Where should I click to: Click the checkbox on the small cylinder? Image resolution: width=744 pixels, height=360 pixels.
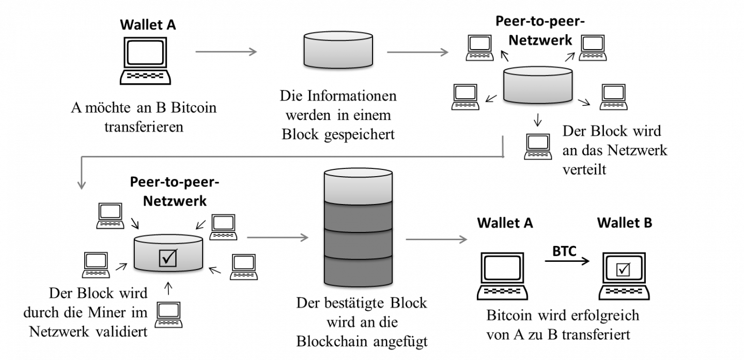pyautogui.click(x=168, y=258)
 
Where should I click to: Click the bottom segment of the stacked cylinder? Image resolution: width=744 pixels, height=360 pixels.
pyautogui.click(x=358, y=272)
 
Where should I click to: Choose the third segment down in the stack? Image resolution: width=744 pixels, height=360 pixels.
pyautogui.click(x=358, y=245)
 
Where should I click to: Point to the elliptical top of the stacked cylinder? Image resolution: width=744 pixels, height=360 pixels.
pyautogui.click(x=358, y=173)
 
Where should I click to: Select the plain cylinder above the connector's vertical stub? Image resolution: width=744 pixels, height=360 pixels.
pyautogui.click(x=538, y=86)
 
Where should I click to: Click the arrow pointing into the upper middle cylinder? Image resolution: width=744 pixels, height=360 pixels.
pyautogui.click(x=226, y=52)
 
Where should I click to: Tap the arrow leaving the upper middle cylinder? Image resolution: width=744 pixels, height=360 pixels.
pyautogui.click(x=417, y=52)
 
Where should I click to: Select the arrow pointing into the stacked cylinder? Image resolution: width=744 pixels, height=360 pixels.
pyautogui.click(x=277, y=238)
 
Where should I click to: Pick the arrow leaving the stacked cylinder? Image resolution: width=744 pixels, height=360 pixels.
pyautogui.click(x=437, y=239)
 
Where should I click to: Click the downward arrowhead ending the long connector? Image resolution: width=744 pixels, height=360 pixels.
pyautogui.click(x=81, y=185)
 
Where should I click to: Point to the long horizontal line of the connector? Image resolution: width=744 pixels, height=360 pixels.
pyautogui.click(x=292, y=156)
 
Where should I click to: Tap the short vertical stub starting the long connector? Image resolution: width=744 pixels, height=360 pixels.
pyautogui.click(x=503, y=145)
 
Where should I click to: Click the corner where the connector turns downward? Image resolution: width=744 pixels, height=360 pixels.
pyautogui.click(x=82, y=156)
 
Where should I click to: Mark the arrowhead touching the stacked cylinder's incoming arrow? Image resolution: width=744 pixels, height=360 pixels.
pyautogui.click(x=305, y=238)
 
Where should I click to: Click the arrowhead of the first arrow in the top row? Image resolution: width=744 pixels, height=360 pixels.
pyautogui.click(x=254, y=52)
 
